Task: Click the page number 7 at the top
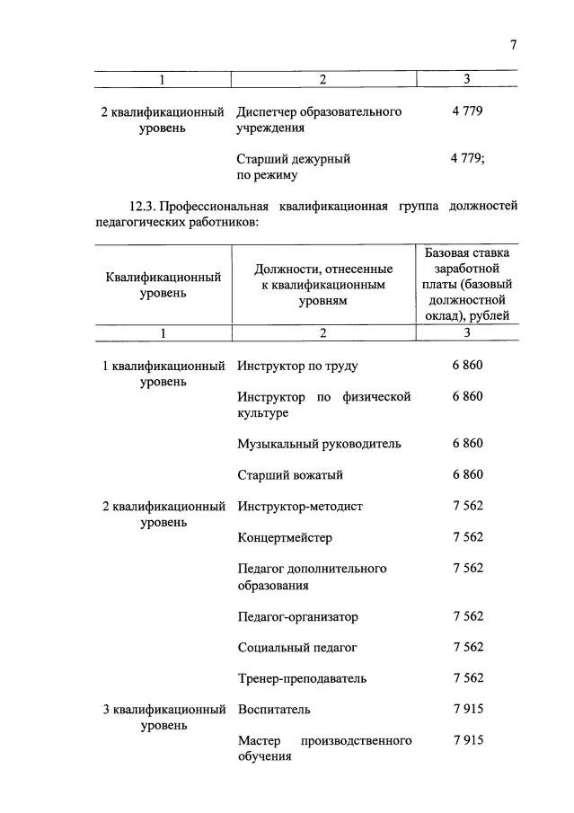pos(514,44)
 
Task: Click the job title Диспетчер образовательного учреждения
pos(319,119)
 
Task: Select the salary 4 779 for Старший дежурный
pos(468,158)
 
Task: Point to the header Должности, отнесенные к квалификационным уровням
pos(323,284)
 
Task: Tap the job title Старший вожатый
pos(290,474)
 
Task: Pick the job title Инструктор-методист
pos(300,506)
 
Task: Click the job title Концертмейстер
pos(285,537)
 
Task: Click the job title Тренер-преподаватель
pos(302,678)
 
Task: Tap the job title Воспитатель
pos(274,709)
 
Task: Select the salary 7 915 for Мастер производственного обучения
pos(468,740)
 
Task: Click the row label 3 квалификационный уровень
pos(163,717)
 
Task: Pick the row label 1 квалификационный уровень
pos(163,374)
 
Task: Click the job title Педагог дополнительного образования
pos(312,577)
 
